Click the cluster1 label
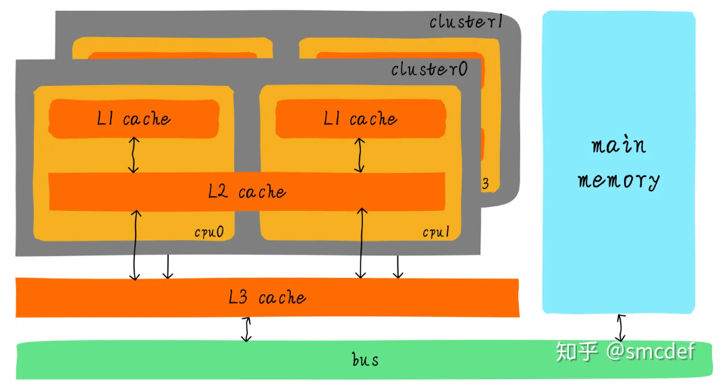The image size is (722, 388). (x=466, y=21)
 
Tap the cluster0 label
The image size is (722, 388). (x=429, y=69)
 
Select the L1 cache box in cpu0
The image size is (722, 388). (x=134, y=118)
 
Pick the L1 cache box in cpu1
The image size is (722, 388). (x=360, y=118)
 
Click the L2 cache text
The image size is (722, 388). (x=247, y=191)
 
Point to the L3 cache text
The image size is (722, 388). (x=267, y=297)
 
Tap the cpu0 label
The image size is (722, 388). (x=209, y=232)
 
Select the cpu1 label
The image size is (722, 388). (x=436, y=232)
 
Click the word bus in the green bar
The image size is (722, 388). (x=365, y=360)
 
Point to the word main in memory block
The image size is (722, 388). (x=619, y=145)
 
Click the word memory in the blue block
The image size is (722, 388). (x=619, y=180)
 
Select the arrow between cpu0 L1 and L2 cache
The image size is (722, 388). (x=134, y=155)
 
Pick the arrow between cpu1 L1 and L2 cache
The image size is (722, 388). (x=360, y=155)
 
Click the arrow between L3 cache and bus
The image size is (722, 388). (x=247, y=329)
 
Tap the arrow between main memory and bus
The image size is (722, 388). (x=621, y=328)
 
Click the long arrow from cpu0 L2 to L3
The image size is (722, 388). (x=135, y=245)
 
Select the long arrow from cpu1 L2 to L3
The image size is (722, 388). (x=362, y=243)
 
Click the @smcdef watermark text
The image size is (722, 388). (x=650, y=351)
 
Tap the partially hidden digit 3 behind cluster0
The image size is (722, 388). (x=485, y=184)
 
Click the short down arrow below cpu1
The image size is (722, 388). (x=398, y=266)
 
